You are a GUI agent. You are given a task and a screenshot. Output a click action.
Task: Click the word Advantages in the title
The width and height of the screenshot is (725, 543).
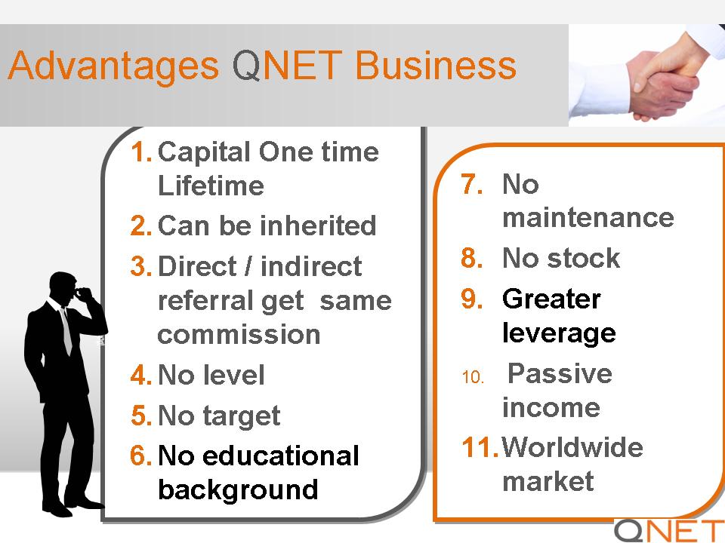coord(113,66)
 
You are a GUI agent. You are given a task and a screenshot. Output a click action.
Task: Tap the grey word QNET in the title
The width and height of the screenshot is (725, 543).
coord(287,65)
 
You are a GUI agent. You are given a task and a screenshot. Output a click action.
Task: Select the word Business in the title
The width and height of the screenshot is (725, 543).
coord(436,65)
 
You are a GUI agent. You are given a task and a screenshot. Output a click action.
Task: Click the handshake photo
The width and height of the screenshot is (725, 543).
coord(647,75)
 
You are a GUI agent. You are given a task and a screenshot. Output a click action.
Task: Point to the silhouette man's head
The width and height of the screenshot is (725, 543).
coord(63,289)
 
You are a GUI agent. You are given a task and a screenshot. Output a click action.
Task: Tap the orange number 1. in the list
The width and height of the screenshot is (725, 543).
coord(141,152)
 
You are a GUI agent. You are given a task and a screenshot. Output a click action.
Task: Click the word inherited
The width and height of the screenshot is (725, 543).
coord(318,225)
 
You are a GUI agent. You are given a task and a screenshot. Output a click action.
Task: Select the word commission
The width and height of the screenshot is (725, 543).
coord(239,334)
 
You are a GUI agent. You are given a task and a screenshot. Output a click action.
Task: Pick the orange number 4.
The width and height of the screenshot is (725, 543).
coord(141,375)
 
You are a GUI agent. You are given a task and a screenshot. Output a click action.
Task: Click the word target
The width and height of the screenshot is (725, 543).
coord(242,416)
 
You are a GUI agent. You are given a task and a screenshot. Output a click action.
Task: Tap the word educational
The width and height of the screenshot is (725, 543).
coord(281,456)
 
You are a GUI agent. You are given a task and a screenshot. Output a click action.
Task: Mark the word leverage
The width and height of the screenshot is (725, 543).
coord(559,333)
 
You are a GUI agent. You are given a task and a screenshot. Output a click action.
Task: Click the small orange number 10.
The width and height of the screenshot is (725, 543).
coord(473,377)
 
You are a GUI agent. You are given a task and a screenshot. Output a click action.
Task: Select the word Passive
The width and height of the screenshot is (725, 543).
coord(560,373)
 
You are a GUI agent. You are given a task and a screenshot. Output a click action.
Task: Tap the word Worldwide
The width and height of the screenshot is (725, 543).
coord(572,447)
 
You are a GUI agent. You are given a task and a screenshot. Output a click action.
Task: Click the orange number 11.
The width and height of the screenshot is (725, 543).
coord(480,447)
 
